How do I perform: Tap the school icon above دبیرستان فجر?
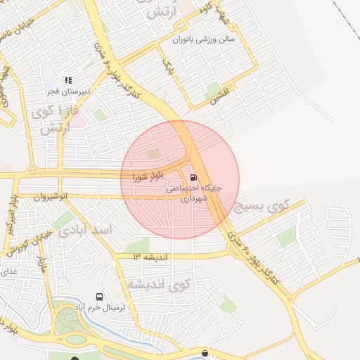point(67,80)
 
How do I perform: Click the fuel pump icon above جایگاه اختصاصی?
point(193,177)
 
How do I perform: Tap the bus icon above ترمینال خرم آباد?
point(99,297)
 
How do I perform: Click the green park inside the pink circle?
point(153,154)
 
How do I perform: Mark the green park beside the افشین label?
point(212,90)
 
